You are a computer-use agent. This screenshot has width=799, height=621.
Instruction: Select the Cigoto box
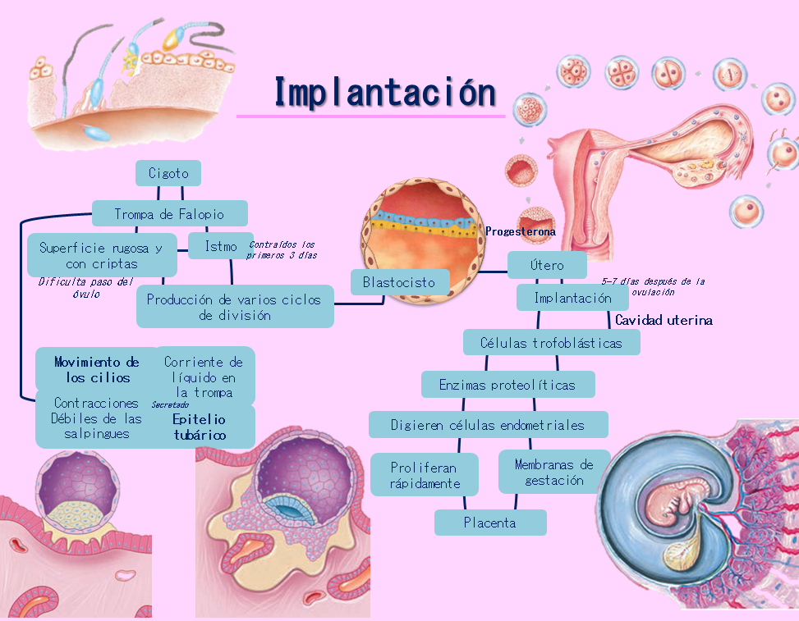pos(168,173)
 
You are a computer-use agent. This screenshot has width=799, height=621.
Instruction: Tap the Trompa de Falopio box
pos(169,214)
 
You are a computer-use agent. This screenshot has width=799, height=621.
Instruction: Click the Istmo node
pos(221,245)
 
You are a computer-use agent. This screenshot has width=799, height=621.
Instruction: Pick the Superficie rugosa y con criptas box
pos(102,255)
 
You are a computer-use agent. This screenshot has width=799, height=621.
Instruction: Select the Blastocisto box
pos(399,282)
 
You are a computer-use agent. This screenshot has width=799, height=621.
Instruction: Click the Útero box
pos(547,265)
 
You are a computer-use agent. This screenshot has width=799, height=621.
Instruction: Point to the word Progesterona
pos(521,232)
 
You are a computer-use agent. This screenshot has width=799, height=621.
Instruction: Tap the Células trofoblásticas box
pos(551,342)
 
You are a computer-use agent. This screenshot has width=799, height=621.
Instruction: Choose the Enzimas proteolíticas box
pos(507,384)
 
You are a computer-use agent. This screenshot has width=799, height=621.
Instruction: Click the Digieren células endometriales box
pos(488,425)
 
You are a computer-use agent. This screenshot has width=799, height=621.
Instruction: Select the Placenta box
pos(490,523)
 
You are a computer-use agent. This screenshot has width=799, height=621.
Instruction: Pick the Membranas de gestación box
pos(554,472)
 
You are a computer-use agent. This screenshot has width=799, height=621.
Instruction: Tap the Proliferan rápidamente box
pos(425,475)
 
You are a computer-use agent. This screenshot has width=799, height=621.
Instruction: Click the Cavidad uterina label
pos(664,321)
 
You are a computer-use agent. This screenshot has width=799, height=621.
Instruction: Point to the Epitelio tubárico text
pos(200,427)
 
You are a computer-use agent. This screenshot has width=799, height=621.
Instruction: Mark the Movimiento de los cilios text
pos(97,369)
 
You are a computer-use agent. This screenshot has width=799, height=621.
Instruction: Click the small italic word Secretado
pos(170,404)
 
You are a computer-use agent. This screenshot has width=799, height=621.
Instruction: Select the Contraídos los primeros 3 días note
pos(282,249)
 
